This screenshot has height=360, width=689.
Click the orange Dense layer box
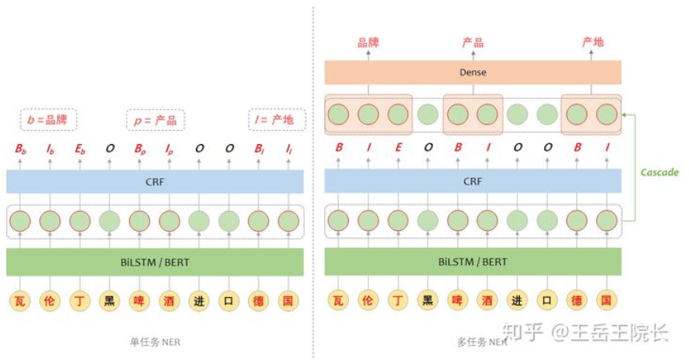[x=473, y=72]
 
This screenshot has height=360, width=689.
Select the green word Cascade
[x=659, y=172]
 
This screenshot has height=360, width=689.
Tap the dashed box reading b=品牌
[x=48, y=121]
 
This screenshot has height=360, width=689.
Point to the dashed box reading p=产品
[x=155, y=121]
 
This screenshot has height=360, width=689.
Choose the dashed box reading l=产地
[x=272, y=121]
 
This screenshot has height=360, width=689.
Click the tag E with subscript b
[x=80, y=148]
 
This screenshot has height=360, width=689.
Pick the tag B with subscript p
[x=139, y=148]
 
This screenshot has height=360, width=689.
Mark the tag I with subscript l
[x=288, y=148]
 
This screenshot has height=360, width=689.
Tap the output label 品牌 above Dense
[x=368, y=43]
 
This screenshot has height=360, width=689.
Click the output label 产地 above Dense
[x=592, y=43]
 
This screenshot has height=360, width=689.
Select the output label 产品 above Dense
[x=472, y=43]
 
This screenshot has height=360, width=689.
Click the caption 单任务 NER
[x=154, y=342]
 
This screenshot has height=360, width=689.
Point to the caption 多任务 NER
[x=473, y=342]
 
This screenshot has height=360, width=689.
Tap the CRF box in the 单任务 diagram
[x=154, y=181]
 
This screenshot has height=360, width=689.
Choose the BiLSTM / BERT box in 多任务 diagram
[x=473, y=262]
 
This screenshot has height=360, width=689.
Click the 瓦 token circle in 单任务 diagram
[x=20, y=299]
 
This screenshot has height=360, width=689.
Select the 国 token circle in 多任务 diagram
[x=606, y=299]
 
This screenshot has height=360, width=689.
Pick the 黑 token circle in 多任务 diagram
[x=428, y=299]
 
